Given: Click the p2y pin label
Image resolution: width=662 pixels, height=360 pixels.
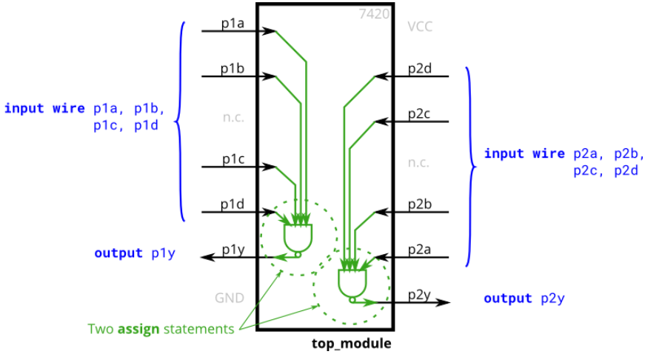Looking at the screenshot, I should tap(419, 296).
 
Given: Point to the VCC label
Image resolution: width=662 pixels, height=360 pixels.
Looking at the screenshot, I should tap(419, 27).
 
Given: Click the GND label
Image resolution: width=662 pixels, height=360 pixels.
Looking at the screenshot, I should tap(230, 299).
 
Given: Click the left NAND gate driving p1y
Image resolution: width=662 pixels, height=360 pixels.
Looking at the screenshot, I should tap(298, 238).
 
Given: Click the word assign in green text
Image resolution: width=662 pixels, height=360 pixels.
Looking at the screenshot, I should tap(138, 329).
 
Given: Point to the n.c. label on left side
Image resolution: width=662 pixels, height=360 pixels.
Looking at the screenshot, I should tap(233, 118).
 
